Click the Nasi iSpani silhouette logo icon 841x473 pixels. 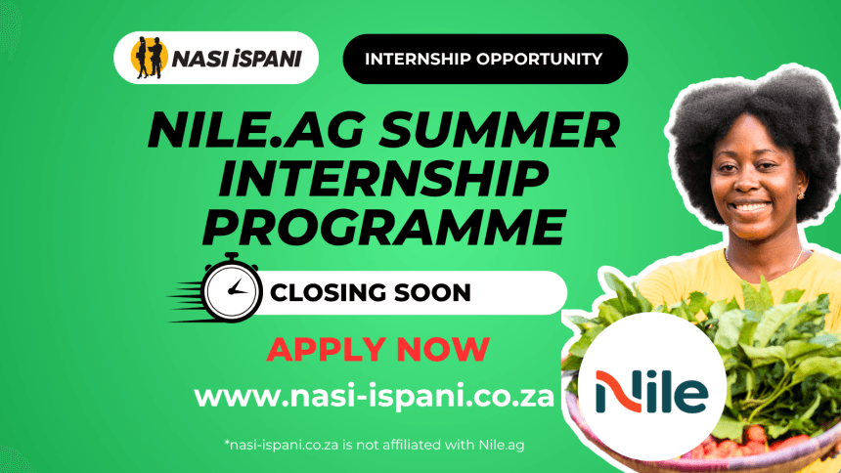[x=149, y=58]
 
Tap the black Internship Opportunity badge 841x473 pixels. [x=485, y=59]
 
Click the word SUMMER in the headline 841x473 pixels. [x=500, y=130]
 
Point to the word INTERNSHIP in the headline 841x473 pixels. [x=383, y=179]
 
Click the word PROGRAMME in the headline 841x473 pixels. [x=384, y=228]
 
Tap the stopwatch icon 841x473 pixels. [x=231, y=288]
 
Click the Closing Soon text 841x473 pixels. [x=370, y=293]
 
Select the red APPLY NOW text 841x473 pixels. [x=377, y=350]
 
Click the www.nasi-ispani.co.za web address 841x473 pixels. [x=374, y=397]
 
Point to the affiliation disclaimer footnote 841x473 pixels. [x=375, y=445]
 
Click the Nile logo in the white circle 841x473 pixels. [x=651, y=392]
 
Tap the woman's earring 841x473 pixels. [x=801, y=194]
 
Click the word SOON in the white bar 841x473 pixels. [x=432, y=293]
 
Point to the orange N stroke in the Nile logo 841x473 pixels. [x=618, y=392]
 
